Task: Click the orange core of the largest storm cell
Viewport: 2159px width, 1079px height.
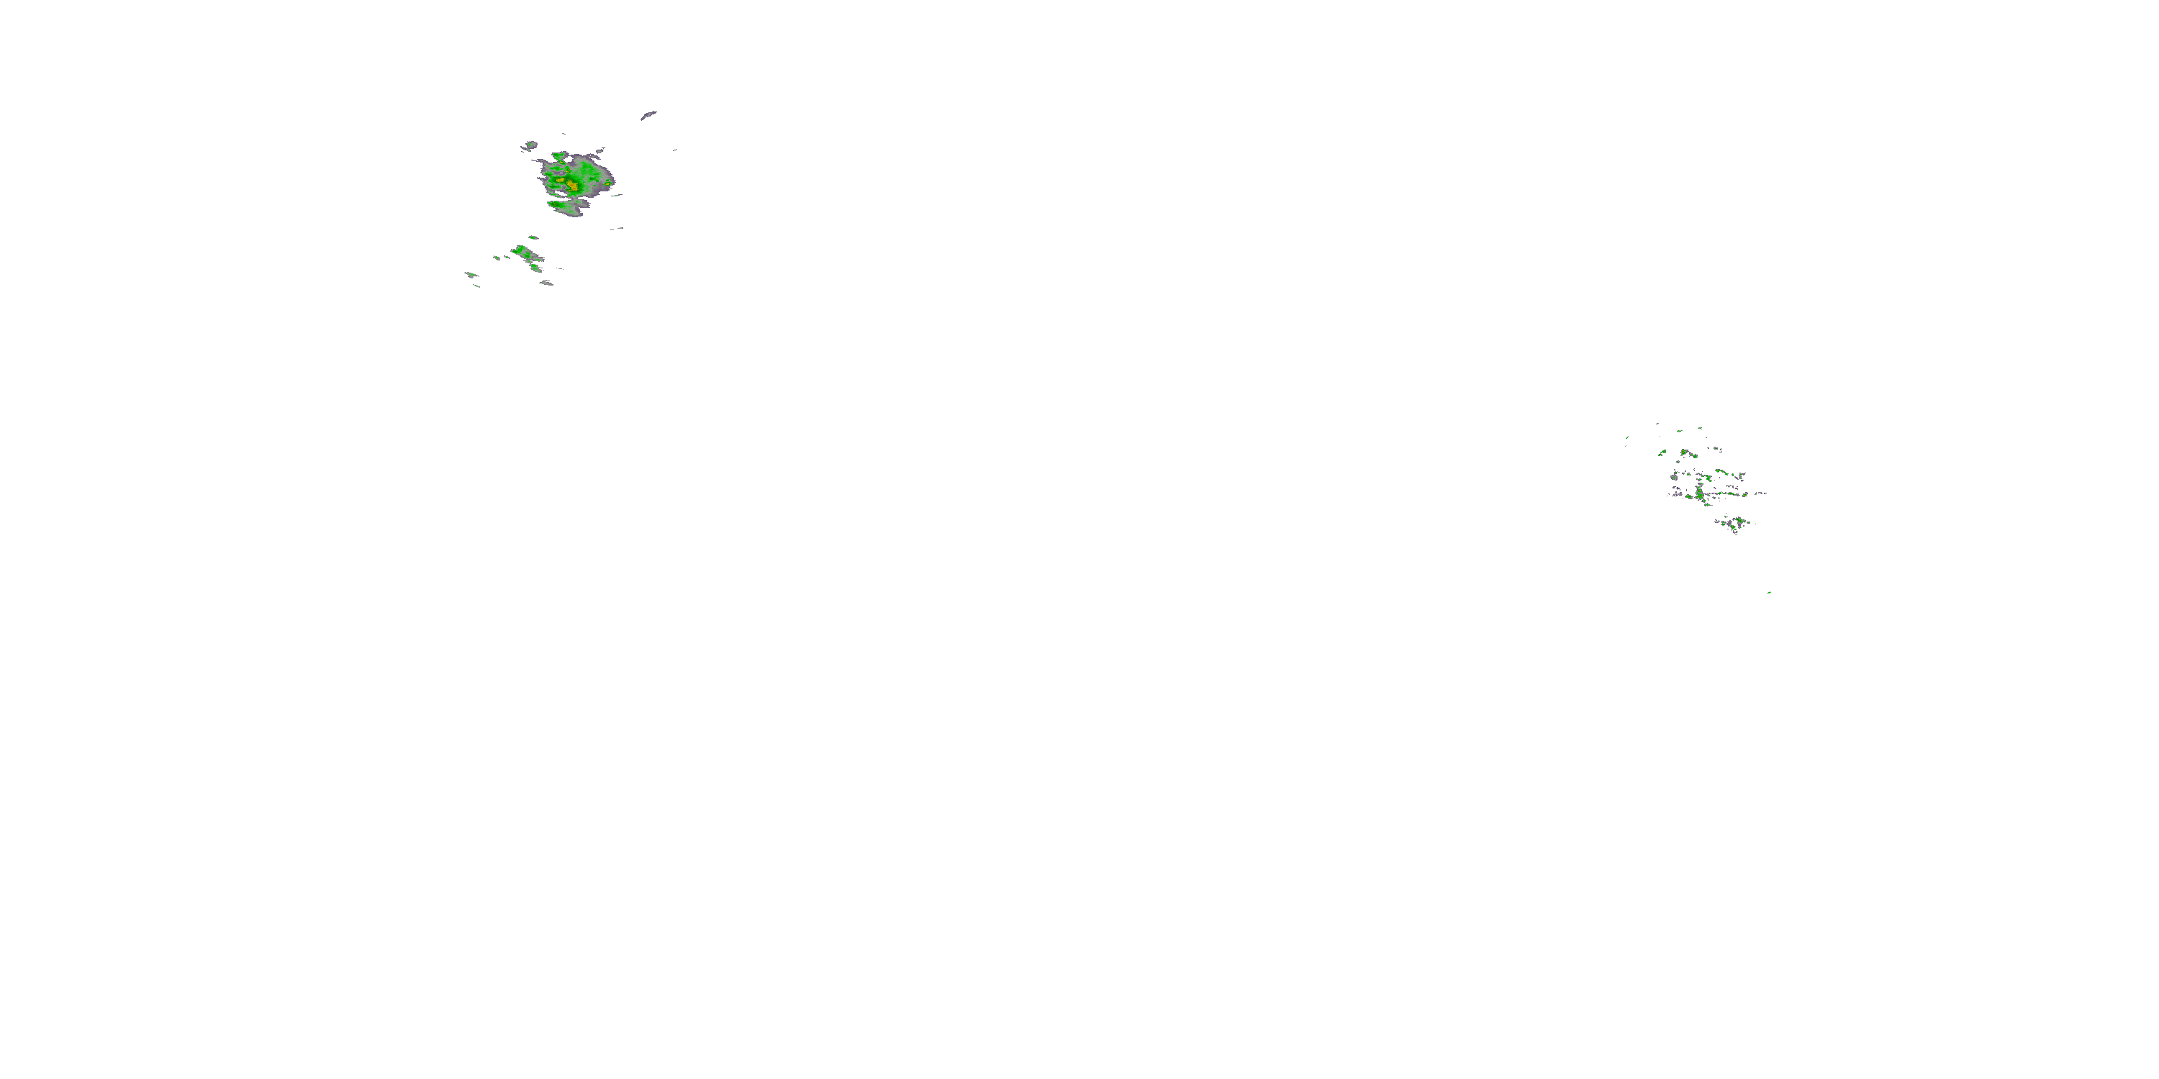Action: point(572,183)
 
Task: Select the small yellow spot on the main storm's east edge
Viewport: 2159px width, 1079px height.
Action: point(607,183)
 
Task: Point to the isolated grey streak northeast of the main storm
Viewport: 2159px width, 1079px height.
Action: point(648,115)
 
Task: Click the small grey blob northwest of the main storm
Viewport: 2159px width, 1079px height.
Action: point(530,146)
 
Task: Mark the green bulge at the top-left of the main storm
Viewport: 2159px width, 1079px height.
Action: point(557,157)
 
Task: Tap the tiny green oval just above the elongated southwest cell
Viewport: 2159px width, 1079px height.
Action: point(533,237)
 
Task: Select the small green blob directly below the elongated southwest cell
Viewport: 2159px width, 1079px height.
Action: point(535,268)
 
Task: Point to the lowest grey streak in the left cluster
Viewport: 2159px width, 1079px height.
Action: point(546,283)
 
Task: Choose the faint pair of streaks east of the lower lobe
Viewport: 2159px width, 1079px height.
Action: point(617,228)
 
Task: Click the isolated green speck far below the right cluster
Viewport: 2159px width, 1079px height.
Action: point(1768,592)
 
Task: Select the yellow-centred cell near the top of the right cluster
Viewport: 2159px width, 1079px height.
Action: point(1684,452)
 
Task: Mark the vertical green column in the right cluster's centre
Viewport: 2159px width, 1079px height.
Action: point(1700,494)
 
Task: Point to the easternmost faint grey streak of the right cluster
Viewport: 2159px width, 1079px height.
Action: point(1760,493)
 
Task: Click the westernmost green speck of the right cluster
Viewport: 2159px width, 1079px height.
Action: point(1662,453)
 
